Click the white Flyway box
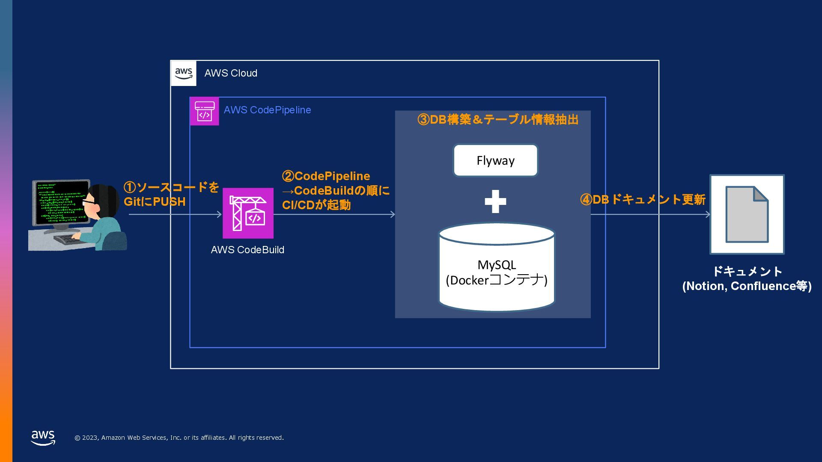coord(495,160)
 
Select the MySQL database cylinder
coord(497,268)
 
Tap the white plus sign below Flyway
coord(495,201)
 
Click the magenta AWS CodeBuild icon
coord(248,213)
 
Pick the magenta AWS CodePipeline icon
coord(204,111)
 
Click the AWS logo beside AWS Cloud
coord(184,73)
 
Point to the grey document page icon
coord(747,214)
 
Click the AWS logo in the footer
coord(43,438)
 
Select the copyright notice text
coord(179,438)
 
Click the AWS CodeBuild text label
coord(247,250)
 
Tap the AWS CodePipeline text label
coord(267,110)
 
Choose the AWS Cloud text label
coord(231,73)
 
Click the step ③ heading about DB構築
coord(498,120)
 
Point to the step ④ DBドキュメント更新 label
coord(643,199)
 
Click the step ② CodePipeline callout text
coord(335,190)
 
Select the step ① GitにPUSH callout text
coord(171,194)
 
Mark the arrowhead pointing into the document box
coord(708,214)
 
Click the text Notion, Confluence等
coord(747,286)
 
